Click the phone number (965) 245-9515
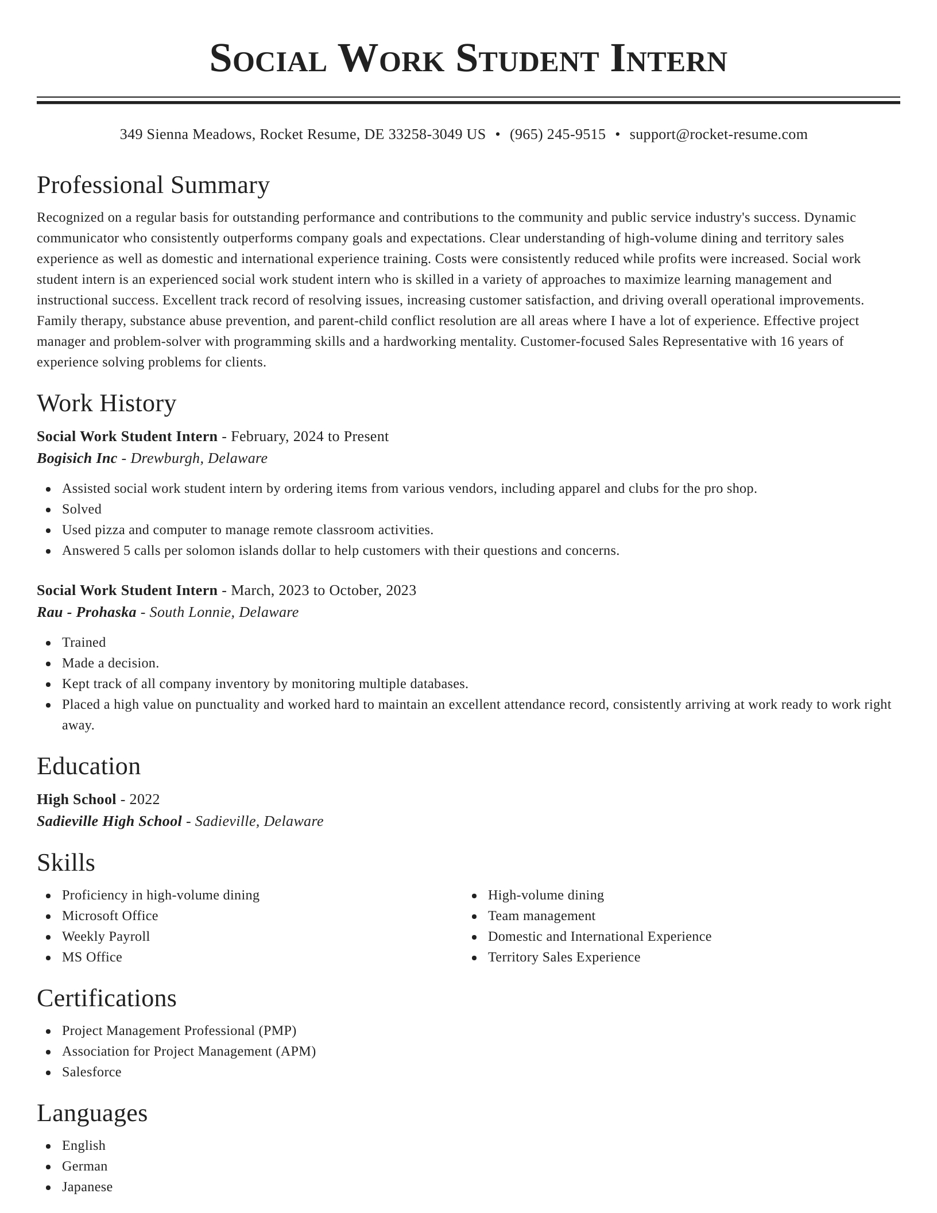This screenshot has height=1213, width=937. [x=557, y=134]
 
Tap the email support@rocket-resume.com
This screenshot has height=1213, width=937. [x=718, y=134]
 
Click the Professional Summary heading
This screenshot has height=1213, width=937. [x=153, y=186]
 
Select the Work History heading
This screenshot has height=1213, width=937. [x=106, y=403]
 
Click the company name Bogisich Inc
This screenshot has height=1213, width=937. [x=77, y=458]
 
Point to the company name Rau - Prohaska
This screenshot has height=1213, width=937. [x=87, y=612]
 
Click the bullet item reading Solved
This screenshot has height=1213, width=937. [x=82, y=509]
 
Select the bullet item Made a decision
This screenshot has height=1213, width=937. [x=110, y=663]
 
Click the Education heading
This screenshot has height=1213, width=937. [x=88, y=766]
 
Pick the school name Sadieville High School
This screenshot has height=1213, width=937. [x=109, y=821]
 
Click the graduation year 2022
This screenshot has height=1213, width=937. [x=145, y=799]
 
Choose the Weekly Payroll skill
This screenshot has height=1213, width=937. [x=106, y=936]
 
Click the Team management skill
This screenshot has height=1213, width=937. [x=541, y=915]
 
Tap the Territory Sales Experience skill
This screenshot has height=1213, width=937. [x=564, y=957]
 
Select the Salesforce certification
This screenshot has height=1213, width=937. [x=92, y=1072]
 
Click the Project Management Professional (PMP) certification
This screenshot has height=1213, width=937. [x=179, y=1030]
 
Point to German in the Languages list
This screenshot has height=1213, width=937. [x=85, y=1166]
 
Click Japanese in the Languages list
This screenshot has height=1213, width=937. [x=87, y=1187]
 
